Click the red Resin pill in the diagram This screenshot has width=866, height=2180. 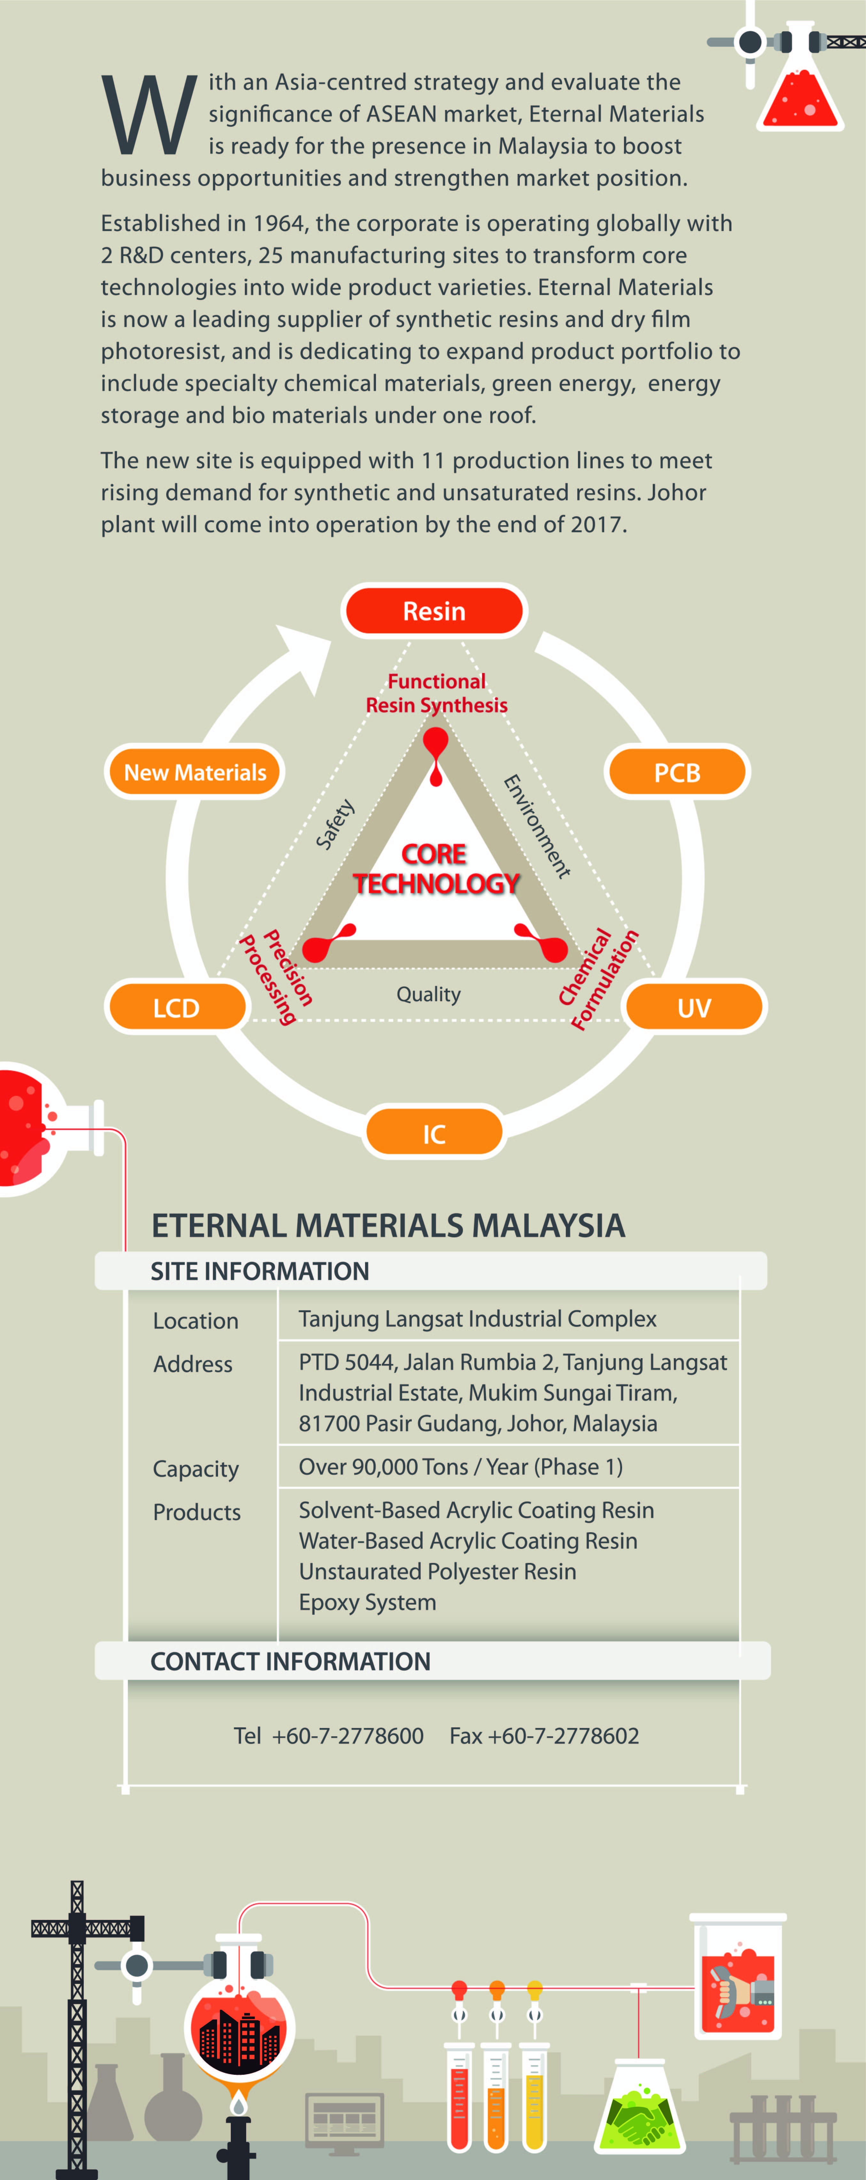point(434,610)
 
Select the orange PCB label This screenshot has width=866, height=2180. point(676,772)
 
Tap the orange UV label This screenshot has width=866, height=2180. point(693,1007)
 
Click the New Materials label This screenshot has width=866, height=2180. point(194,772)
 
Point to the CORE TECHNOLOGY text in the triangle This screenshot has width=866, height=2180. point(435,868)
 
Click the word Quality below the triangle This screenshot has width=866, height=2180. point(429,995)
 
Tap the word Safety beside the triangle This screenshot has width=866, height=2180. point(335,823)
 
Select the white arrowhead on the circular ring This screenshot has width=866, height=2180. point(304,656)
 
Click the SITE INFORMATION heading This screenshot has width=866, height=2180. point(260,1271)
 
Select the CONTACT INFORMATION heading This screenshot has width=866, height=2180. point(290,1661)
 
